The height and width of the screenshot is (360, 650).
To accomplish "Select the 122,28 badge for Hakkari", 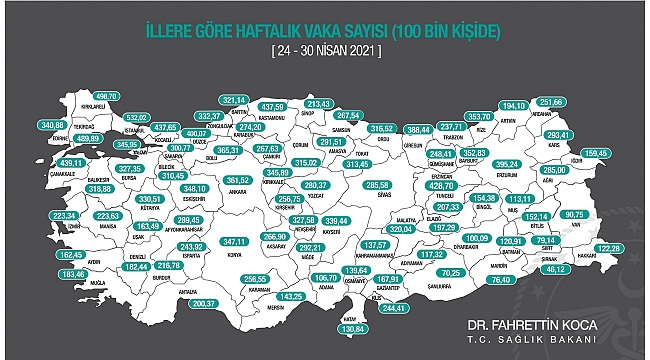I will [x=609, y=248].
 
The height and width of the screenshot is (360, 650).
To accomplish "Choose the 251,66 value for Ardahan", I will [x=551, y=102].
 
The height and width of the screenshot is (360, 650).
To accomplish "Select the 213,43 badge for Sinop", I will [x=318, y=104].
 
